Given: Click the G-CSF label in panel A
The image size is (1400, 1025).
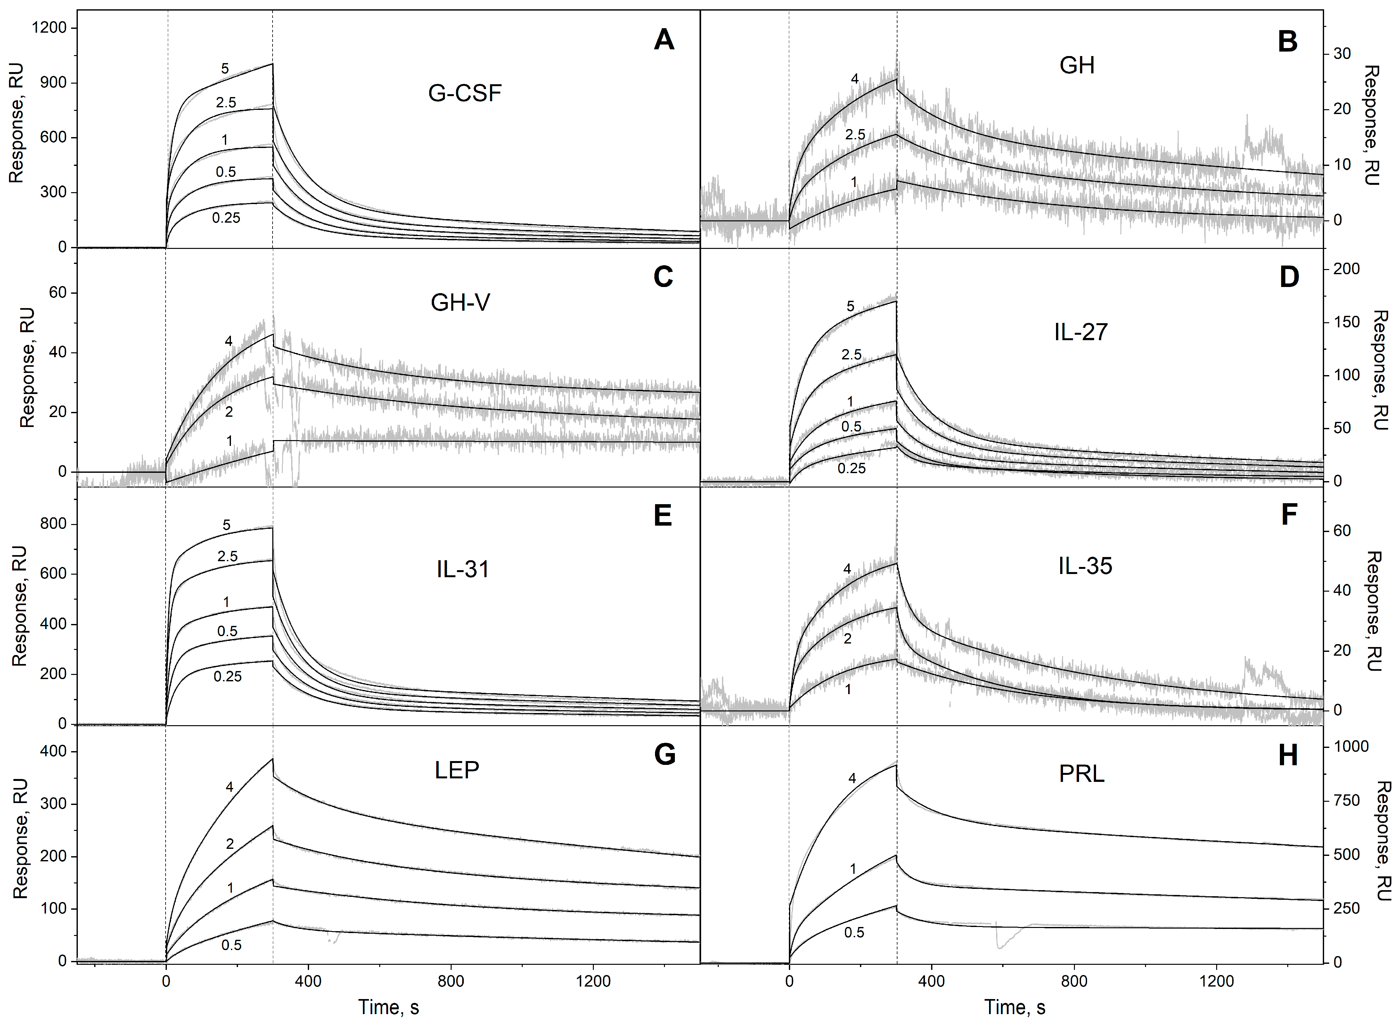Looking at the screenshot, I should click(x=465, y=93).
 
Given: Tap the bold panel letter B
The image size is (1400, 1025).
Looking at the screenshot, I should click(x=1287, y=42).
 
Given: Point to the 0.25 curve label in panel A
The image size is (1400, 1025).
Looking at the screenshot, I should click(x=226, y=218).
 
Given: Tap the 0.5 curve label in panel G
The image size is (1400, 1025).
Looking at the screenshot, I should click(x=231, y=945).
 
